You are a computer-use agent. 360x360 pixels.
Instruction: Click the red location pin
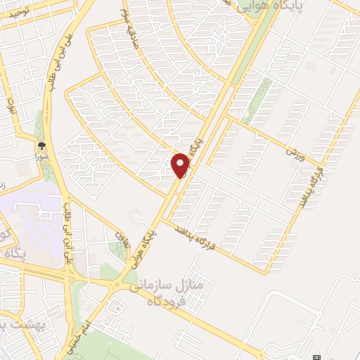coord(181,165)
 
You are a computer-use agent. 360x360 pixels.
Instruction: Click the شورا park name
coord(42,156)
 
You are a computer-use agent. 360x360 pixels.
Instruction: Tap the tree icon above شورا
coord(42,146)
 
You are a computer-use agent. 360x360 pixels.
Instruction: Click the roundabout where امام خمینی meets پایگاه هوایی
coord(117,284)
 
